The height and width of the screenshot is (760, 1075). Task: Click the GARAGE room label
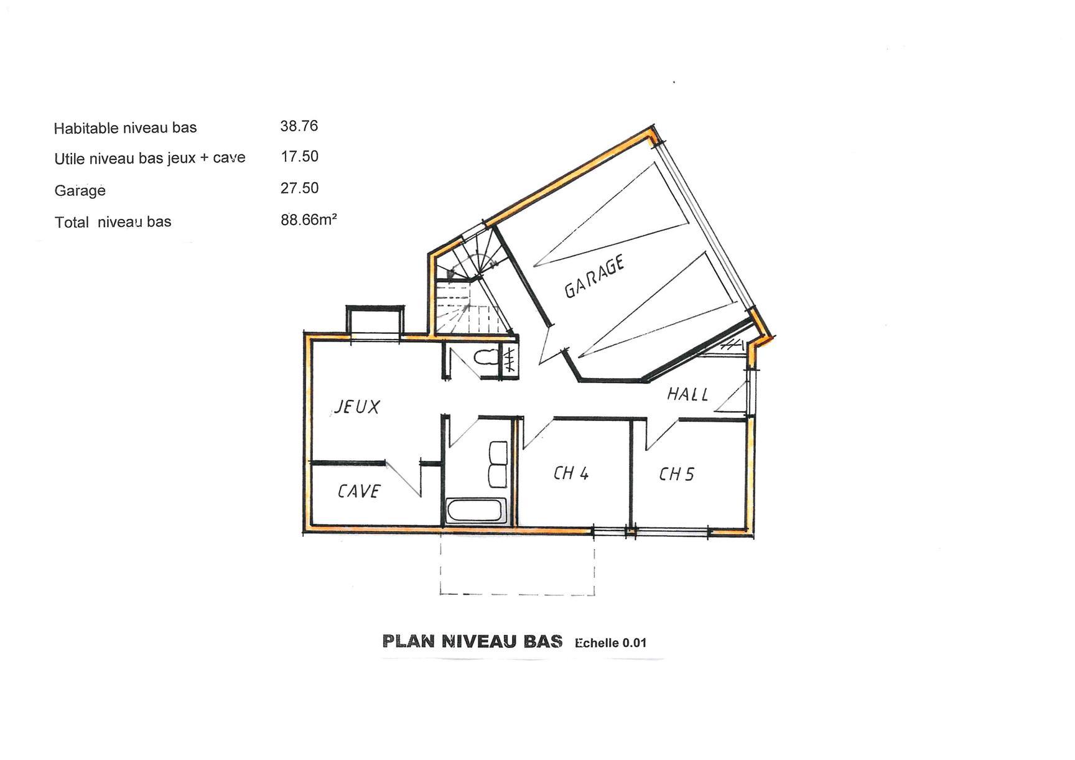pos(594,276)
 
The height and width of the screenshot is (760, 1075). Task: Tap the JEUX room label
pos(357,407)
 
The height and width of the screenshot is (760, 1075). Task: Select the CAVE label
pos(359,491)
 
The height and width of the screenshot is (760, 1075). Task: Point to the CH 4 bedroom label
pos(571,473)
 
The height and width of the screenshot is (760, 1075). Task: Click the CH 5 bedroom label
pos(676,475)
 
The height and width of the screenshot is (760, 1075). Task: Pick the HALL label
pos(687,394)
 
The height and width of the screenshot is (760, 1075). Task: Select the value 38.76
pos(299,126)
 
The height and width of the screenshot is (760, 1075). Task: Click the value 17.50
pos(300,157)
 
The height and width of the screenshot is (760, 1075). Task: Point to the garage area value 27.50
pos(299,188)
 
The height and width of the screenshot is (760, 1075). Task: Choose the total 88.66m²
pos(309,220)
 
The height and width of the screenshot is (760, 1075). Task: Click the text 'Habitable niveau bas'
pos(125,128)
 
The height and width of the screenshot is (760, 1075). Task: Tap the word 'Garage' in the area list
pos(80,190)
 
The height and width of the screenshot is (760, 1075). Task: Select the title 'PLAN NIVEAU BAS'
pos(472,641)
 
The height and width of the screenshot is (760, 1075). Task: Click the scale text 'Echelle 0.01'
pos(611,643)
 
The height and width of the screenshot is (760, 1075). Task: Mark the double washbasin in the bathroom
pos(498,463)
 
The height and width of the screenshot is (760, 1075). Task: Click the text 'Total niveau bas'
pos(113,222)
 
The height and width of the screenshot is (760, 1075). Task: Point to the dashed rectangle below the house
pos(518,594)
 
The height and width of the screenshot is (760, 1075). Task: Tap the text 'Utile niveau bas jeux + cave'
pos(150,159)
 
